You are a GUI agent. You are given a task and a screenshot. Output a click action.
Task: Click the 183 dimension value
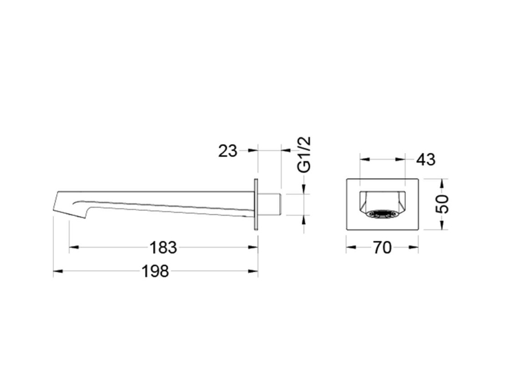coord(163,247)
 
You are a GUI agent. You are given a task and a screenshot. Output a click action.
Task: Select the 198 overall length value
coord(155,271)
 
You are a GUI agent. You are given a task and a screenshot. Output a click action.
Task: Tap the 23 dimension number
coord(228,151)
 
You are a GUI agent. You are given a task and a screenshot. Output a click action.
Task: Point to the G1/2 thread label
coord(304,154)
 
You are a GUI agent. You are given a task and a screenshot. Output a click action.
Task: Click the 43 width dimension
coord(426,159)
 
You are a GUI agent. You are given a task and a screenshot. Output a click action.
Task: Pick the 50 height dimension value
coord(442,204)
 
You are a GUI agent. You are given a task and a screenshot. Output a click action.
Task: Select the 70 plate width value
coord(382,247)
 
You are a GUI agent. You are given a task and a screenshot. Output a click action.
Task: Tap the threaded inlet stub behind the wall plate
coord(270,205)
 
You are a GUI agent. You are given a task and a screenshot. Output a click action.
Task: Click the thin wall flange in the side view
coord(256,204)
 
